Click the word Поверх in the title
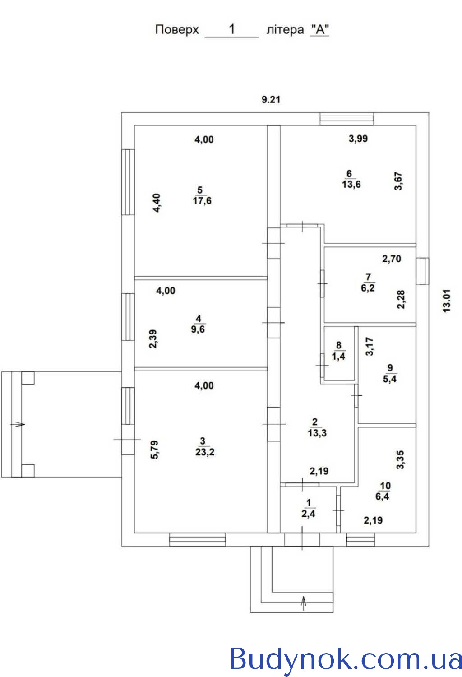(x=177, y=30)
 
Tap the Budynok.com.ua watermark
(x=345, y=658)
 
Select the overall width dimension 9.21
(x=271, y=99)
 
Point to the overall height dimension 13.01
(x=447, y=301)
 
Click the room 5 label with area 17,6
(x=202, y=195)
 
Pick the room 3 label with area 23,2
(x=204, y=447)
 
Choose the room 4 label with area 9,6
(x=198, y=324)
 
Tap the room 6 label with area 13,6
(x=351, y=179)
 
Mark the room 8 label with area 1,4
(x=338, y=351)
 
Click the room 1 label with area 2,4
(x=308, y=508)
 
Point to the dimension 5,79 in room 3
(x=154, y=450)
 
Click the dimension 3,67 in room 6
(x=398, y=181)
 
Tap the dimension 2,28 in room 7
(x=401, y=300)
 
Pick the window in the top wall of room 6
(x=347, y=119)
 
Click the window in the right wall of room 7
(x=422, y=271)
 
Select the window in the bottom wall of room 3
(x=197, y=539)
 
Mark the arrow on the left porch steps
(x=18, y=425)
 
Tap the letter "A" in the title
(x=320, y=30)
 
